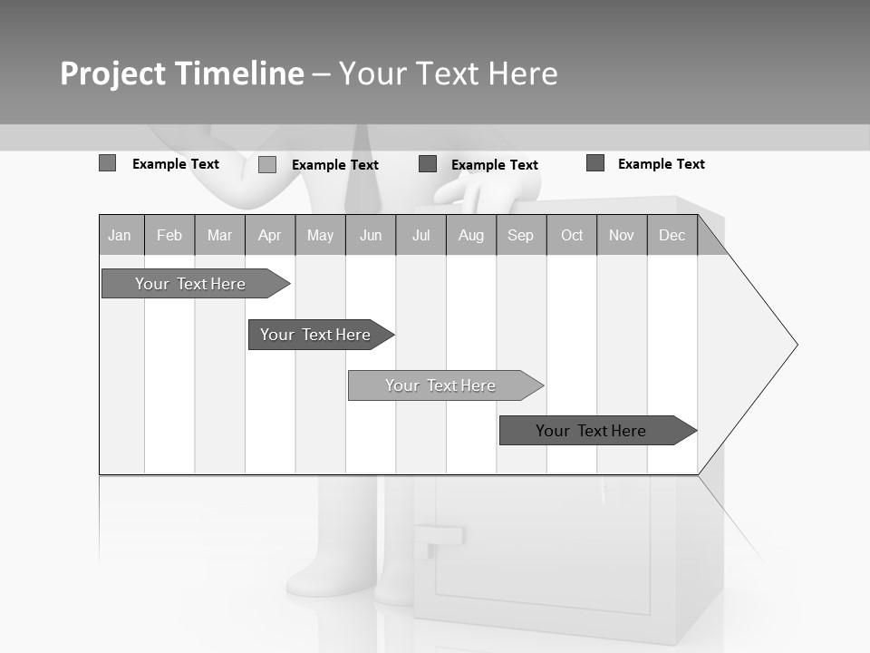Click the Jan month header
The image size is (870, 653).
120,236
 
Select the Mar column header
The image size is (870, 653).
219,236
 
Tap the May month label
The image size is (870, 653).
320,236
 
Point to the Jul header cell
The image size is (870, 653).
420,236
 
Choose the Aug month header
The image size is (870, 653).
471,236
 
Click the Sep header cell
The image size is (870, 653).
521,236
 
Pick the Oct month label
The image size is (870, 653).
572,236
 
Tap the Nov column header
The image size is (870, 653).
622,236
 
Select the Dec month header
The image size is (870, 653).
672,236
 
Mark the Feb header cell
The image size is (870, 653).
169,236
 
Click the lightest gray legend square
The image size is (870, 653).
267,164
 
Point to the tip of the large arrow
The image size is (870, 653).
795,345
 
